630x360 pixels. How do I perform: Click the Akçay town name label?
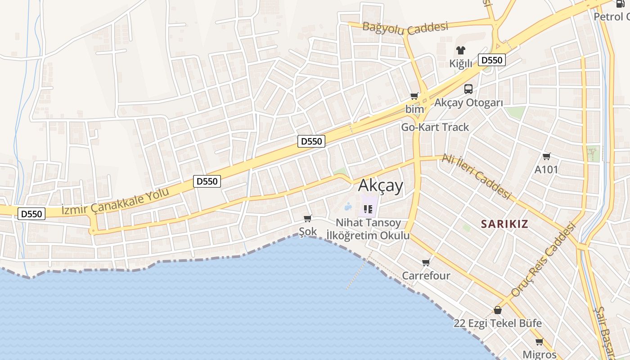pyautogui.click(x=381, y=185)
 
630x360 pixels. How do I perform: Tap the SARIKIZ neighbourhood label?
pyautogui.click(x=504, y=224)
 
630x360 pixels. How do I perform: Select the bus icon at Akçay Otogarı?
pyautogui.click(x=468, y=89)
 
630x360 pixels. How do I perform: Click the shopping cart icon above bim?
pyautogui.click(x=414, y=96)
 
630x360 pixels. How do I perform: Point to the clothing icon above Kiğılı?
pyautogui.click(x=460, y=50)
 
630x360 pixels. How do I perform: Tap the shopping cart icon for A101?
pyautogui.click(x=546, y=156)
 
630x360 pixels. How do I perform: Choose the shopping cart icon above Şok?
pyautogui.click(x=308, y=218)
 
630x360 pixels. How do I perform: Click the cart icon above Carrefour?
pyautogui.click(x=426, y=262)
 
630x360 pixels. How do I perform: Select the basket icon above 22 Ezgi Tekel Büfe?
pyautogui.click(x=498, y=310)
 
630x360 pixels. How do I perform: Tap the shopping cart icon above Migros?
pyautogui.click(x=540, y=342)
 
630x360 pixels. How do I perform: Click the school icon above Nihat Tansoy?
pyautogui.click(x=368, y=209)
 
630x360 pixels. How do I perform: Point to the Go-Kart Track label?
pyautogui.click(x=435, y=127)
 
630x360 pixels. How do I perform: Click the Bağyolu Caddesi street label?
pyautogui.click(x=405, y=28)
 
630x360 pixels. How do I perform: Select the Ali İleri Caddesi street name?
pyautogui.click(x=477, y=176)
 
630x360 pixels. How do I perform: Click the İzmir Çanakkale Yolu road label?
pyautogui.click(x=115, y=201)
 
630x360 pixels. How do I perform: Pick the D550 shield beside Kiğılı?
pyautogui.click(x=492, y=60)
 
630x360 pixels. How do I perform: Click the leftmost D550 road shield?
pyautogui.click(x=31, y=214)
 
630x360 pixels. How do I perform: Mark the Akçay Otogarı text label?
pyautogui.click(x=468, y=103)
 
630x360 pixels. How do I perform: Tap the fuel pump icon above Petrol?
pyautogui.click(x=620, y=4)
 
